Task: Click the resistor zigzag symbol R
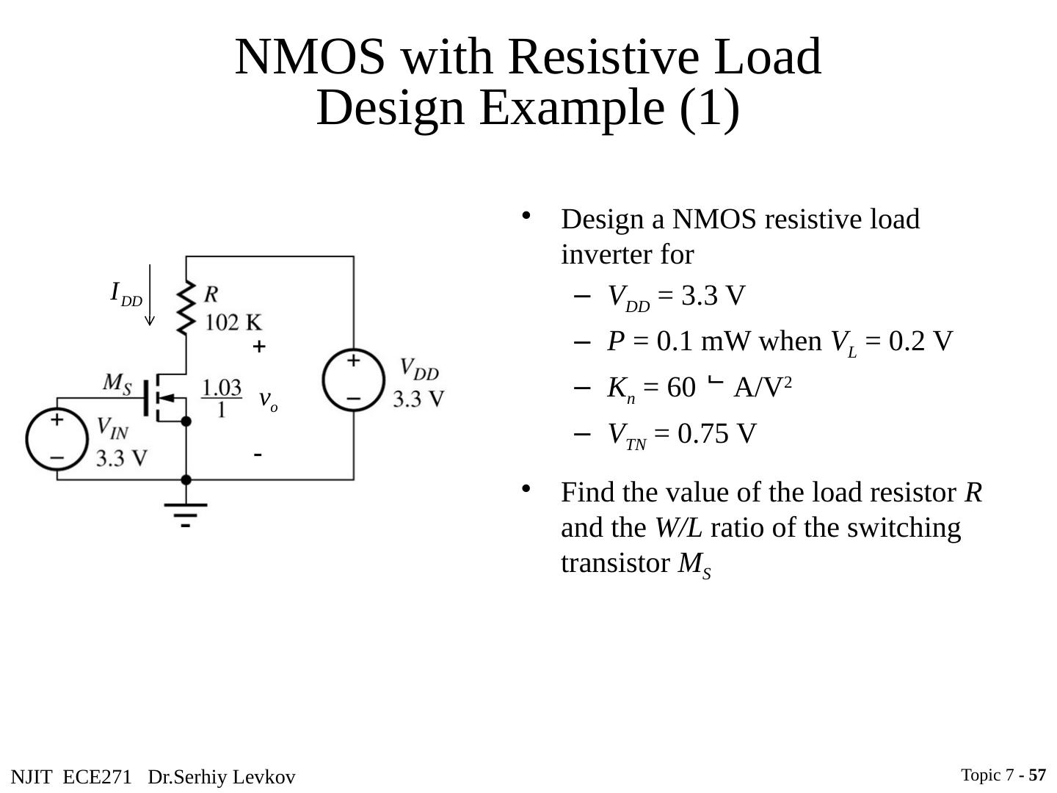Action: click(186, 308)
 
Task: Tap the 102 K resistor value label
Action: click(233, 322)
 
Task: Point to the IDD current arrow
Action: click(150, 294)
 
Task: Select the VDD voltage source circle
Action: click(354, 380)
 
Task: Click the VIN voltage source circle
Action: click(57, 439)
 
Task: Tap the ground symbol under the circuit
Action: click(186, 515)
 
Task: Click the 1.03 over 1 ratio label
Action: click(222, 398)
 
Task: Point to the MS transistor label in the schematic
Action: click(117, 384)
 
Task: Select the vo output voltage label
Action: click(268, 401)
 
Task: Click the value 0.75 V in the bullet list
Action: click(717, 433)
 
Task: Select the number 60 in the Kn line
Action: click(681, 387)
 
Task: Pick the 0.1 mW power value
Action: click(703, 341)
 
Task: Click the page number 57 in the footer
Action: click(1037, 775)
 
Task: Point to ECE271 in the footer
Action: click(97, 777)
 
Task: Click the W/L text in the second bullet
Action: click(678, 528)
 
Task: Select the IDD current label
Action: click(127, 294)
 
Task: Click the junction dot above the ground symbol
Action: click(186, 480)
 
